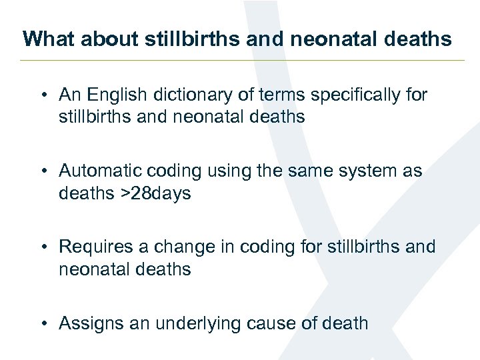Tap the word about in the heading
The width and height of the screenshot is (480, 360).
point(98,39)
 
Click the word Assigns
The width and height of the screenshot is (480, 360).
point(90,323)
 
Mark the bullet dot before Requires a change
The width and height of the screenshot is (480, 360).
point(43,247)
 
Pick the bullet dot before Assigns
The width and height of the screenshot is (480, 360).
point(43,324)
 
